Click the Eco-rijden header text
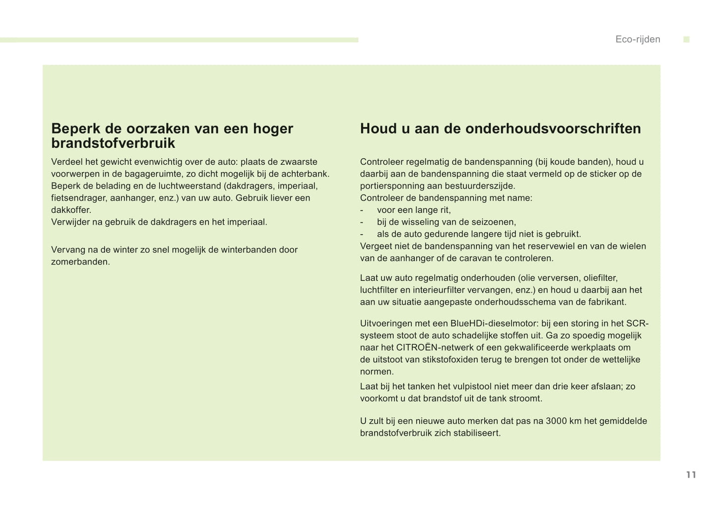[x=638, y=40]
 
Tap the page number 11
[x=691, y=475]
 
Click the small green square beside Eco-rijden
[x=686, y=40]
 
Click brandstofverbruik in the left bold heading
[x=113, y=143]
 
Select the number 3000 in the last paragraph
[x=556, y=421]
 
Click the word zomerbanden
[x=80, y=262]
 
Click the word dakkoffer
[x=70, y=210]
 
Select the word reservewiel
[x=536, y=246]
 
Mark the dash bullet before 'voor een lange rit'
[x=362, y=210]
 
